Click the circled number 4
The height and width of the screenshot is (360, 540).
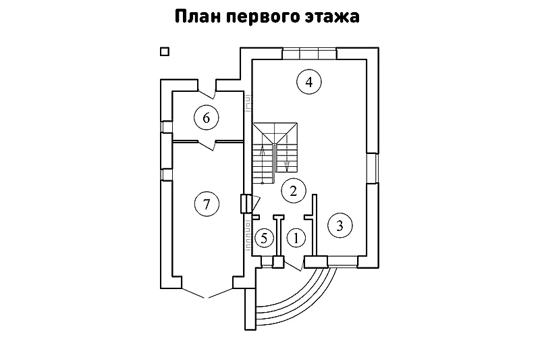pos(308,82)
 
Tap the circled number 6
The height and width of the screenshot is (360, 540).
pos(207,118)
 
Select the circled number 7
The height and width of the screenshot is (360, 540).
pos(207,203)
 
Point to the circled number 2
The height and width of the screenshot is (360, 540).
pos(293,190)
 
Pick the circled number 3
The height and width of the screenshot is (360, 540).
pos(340,226)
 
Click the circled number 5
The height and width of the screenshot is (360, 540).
pos(265,237)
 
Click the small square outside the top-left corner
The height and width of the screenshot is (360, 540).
pos(164,51)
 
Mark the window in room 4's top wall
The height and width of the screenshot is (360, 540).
pos(309,54)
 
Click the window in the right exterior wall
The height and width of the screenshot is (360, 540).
pos(372,168)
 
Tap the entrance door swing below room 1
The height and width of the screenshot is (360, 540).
pos(294,265)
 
